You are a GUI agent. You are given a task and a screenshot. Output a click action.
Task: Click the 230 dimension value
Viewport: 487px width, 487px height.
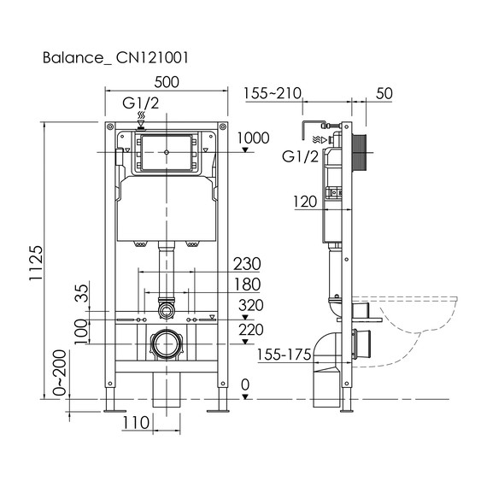(246, 263)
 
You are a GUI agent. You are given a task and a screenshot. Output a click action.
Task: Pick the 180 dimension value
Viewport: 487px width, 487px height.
(246, 285)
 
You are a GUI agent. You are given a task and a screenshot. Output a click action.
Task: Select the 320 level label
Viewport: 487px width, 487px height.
(251, 305)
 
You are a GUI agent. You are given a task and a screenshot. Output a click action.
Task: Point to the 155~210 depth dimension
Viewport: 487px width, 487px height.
(272, 92)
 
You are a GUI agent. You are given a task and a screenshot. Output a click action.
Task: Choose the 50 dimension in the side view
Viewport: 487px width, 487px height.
(384, 92)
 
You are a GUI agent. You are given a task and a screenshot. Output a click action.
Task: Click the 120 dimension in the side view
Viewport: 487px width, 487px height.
(303, 202)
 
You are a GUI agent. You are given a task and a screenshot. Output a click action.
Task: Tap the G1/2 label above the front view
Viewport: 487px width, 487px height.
(141, 103)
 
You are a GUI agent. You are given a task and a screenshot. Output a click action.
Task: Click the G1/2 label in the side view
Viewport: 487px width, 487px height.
(301, 155)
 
